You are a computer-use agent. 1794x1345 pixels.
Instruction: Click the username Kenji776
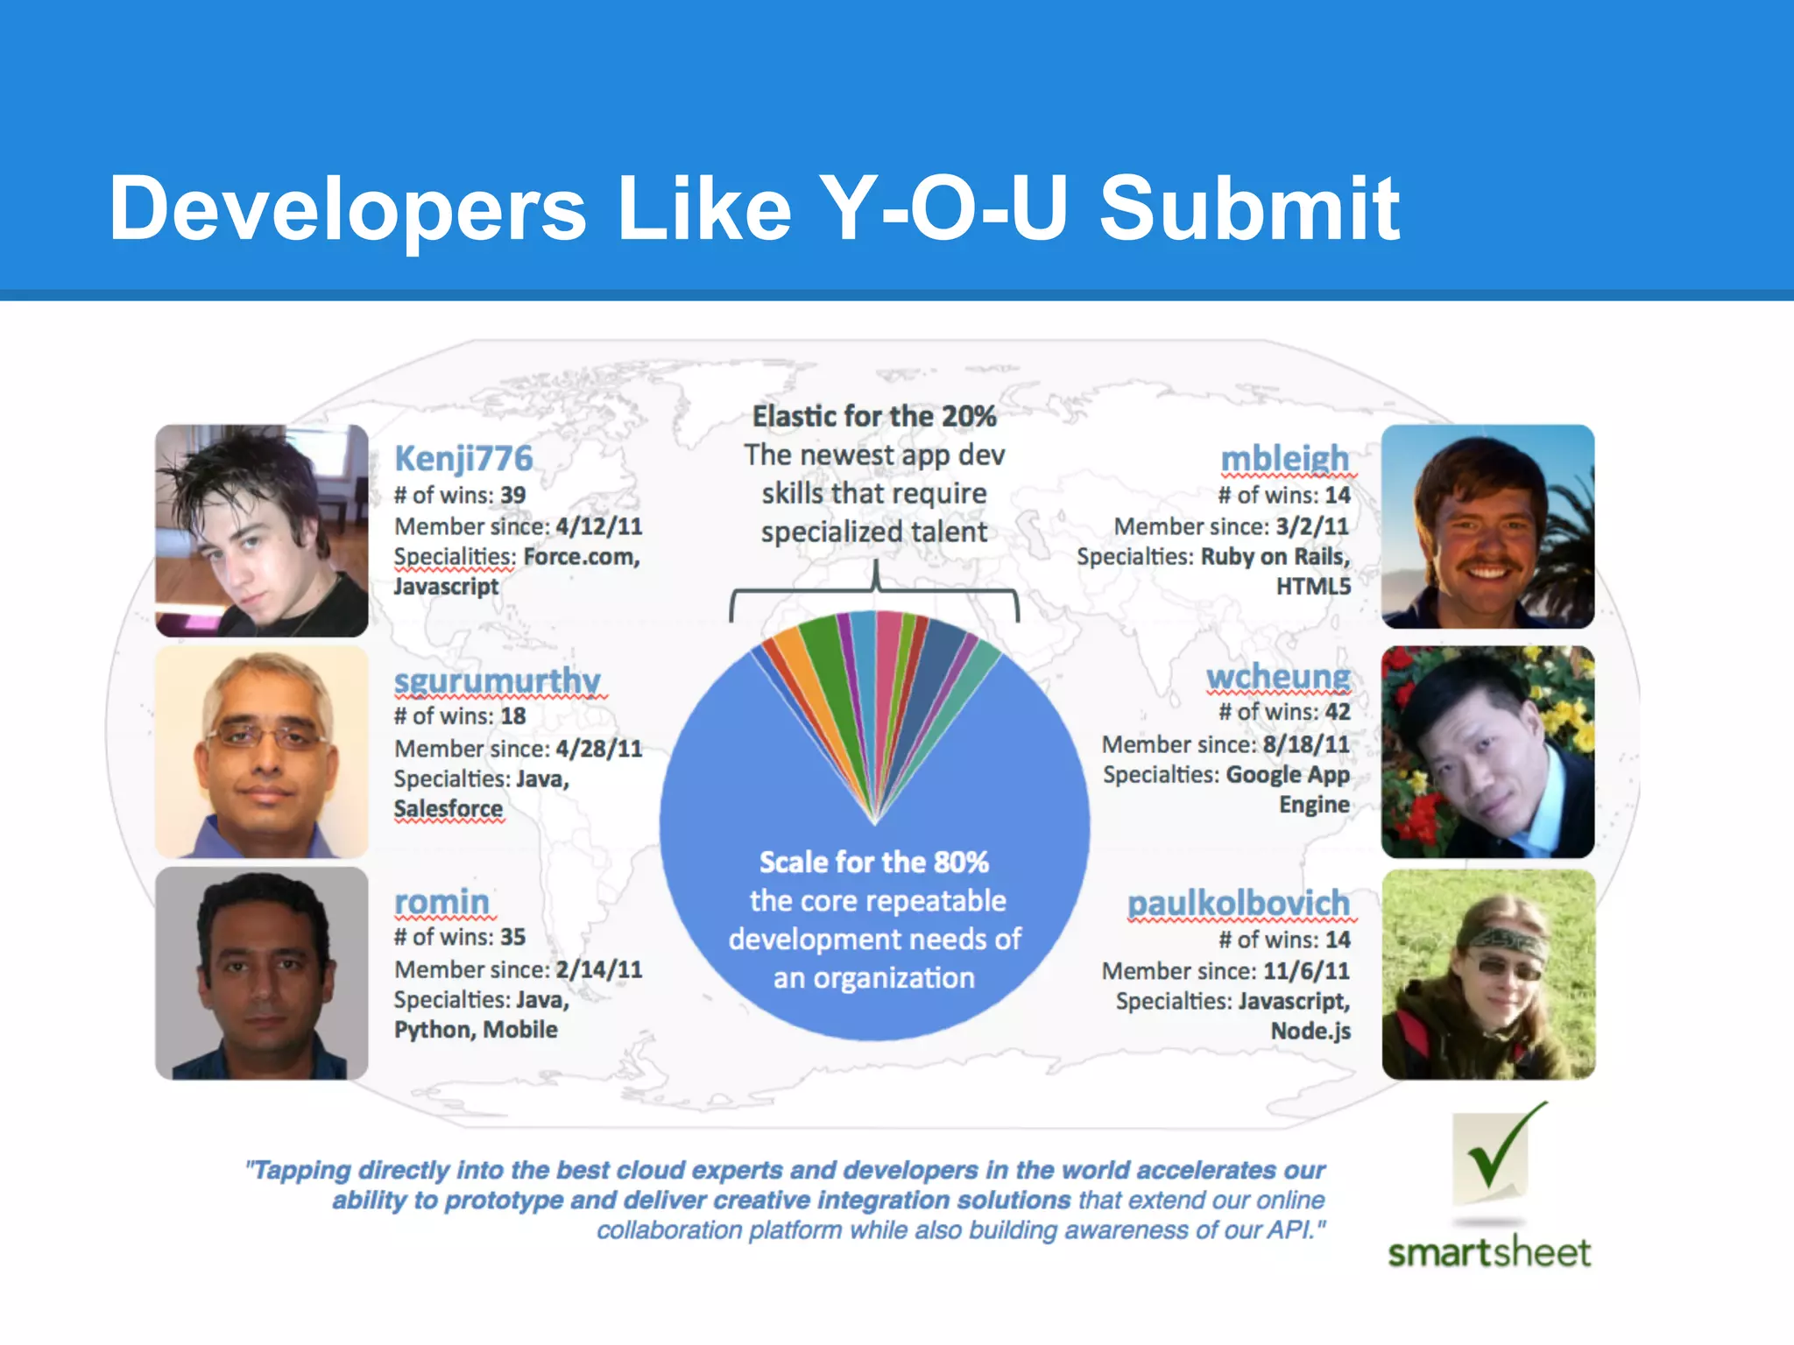[463, 459]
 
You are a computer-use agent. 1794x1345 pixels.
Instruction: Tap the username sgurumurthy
[497, 680]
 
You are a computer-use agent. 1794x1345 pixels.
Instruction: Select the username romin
[441, 901]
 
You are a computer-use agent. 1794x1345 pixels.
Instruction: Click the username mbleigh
[1285, 458]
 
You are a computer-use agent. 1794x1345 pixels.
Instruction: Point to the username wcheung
[1278, 677]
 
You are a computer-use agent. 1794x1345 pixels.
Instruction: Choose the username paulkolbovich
[1239, 903]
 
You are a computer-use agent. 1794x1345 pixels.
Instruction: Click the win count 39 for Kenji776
[513, 496]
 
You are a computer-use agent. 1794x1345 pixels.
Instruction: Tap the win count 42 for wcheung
[1338, 712]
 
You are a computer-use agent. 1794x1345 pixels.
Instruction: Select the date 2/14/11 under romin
[599, 969]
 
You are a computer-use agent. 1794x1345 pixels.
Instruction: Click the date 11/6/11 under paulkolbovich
[1306, 971]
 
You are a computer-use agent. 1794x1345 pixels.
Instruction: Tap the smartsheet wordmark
[1489, 1253]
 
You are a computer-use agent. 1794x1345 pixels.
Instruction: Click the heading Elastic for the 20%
[874, 417]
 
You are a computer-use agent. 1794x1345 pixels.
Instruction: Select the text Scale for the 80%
[874, 863]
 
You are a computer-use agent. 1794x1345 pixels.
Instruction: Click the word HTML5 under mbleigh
[1313, 587]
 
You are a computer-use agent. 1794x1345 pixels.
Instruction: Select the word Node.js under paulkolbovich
[1310, 1032]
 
